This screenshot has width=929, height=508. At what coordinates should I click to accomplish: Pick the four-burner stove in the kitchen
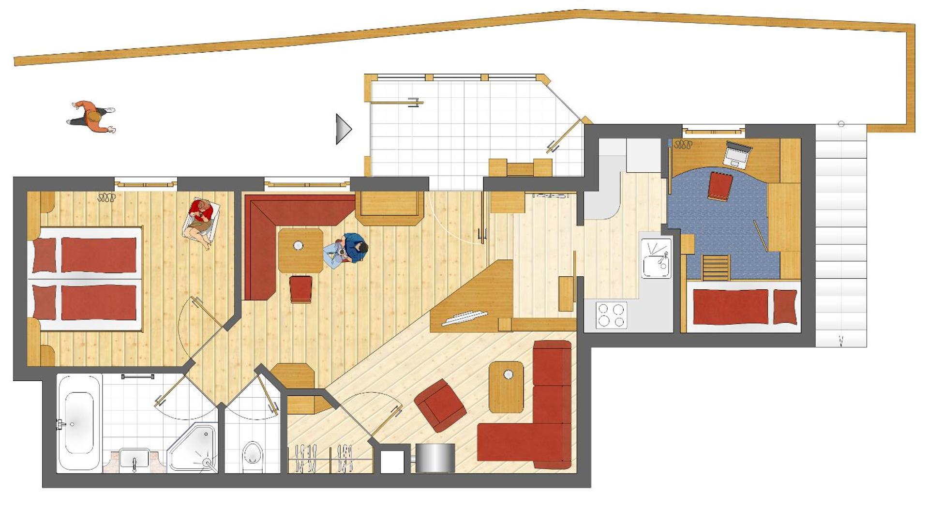click(x=611, y=315)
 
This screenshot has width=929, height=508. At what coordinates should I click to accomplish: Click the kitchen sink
click(x=656, y=258)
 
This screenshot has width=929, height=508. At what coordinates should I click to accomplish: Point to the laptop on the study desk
click(x=737, y=154)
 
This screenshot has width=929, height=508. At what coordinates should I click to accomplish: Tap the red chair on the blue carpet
click(x=720, y=186)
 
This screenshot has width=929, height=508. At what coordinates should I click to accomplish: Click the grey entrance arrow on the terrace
click(x=344, y=129)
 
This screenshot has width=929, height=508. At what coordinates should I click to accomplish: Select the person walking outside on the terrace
click(x=92, y=117)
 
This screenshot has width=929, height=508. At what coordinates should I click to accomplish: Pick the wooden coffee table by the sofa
click(x=506, y=387)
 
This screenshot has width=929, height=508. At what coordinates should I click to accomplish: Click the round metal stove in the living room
click(x=435, y=457)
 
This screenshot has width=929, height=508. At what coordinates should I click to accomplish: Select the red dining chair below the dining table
click(x=300, y=289)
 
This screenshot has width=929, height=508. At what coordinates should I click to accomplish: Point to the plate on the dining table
click(x=299, y=246)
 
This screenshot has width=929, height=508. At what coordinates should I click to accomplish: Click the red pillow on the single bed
click(x=784, y=307)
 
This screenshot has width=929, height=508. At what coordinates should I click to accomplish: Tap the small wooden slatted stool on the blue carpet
click(x=716, y=268)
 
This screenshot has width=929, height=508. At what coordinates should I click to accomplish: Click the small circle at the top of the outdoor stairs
click(x=841, y=124)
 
